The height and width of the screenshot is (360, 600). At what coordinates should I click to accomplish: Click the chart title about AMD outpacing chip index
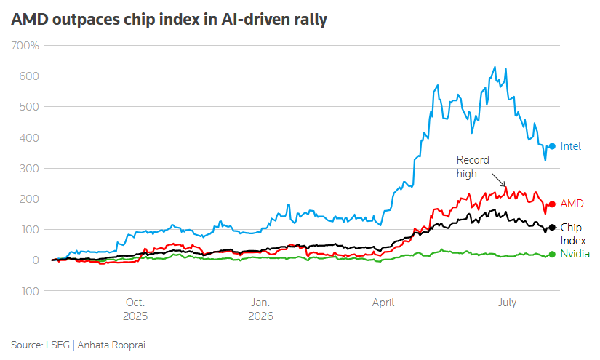169,20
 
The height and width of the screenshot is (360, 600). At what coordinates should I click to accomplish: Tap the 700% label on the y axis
25,46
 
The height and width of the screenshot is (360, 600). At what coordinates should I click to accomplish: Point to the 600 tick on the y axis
29,76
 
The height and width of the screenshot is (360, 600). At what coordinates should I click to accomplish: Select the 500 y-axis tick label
29,107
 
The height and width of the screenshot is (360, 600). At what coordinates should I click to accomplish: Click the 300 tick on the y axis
29,168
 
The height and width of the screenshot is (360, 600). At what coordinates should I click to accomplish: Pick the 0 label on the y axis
36,260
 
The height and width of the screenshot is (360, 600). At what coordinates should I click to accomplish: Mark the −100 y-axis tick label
27,291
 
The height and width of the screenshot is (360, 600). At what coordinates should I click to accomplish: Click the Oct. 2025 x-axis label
135,310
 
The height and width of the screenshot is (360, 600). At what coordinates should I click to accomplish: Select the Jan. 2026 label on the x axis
260,310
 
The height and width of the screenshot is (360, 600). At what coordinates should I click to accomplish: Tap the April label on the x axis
383,303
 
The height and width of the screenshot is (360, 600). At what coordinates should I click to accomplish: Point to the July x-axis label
508,303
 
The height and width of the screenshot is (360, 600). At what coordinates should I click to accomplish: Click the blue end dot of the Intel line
552,146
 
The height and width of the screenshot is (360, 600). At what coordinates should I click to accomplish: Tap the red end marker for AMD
552,204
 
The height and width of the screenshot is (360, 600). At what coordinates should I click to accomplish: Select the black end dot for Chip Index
552,228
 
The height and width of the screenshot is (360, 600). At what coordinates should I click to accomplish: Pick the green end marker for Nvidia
552,255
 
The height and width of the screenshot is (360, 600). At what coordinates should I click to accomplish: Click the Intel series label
570,146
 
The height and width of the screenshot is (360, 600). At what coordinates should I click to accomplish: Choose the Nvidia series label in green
575,254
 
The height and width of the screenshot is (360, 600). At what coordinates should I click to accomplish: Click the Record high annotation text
473,167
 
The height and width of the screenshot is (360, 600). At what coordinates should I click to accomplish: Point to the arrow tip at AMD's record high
505,186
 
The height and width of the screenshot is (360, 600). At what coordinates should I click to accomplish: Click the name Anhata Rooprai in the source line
111,345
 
